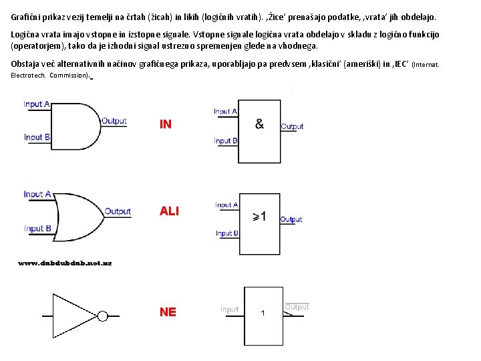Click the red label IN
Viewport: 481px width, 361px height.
pyautogui.click(x=166, y=124)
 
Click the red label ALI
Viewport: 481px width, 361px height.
pyautogui.click(x=169, y=211)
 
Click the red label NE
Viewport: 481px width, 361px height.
pyautogui.click(x=168, y=312)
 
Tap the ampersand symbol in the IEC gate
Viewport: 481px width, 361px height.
pyautogui.click(x=259, y=124)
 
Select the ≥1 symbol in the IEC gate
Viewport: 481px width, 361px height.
pyautogui.click(x=259, y=217)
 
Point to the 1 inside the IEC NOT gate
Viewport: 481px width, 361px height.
pyautogui.click(x=263, y=314)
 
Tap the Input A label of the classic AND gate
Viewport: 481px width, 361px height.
pyautogui.click(x=37, y=104)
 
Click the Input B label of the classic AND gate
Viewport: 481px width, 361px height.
pyautogui.click(x=37, y=137)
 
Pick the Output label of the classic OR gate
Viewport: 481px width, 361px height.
pyautogui.click(x=118, y=212)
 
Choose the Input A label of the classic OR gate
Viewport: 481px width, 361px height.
pyautogui.click(x=37, y=195)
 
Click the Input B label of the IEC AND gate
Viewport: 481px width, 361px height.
pyautogui.click(x=226, y=141)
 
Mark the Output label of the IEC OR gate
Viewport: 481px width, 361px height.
pyautogui.click(x=291, y=219)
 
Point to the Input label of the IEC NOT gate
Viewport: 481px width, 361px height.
pyautogui.click(x=229, y=310)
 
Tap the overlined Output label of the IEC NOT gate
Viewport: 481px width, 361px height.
pyautogui.click(x=297, y=307)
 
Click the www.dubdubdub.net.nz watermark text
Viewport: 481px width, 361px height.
pyautogui.click(x=65, y=263)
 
